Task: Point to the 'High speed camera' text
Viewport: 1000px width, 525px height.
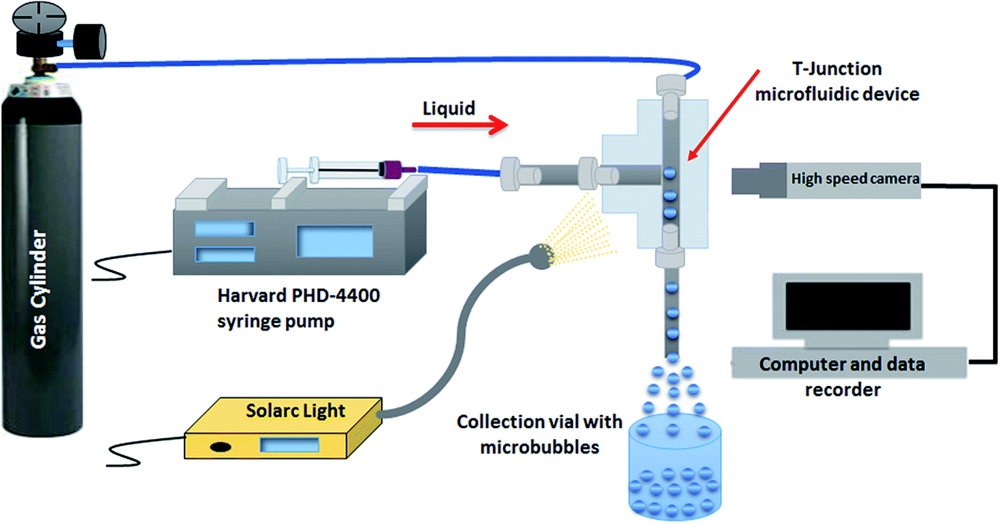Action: pos(853,180)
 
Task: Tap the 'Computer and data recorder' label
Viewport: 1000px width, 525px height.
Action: pos(842,376)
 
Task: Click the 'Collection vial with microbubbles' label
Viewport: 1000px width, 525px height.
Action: pos(527,434)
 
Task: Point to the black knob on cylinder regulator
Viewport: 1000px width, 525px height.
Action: pos(91,36)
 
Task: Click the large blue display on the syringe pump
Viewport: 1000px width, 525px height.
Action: pos(334,241)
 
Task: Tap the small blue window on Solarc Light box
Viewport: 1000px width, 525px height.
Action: pos(282,445)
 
